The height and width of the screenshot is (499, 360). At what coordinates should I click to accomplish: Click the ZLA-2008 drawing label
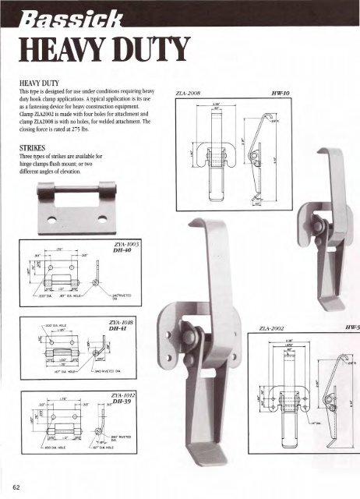190,92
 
